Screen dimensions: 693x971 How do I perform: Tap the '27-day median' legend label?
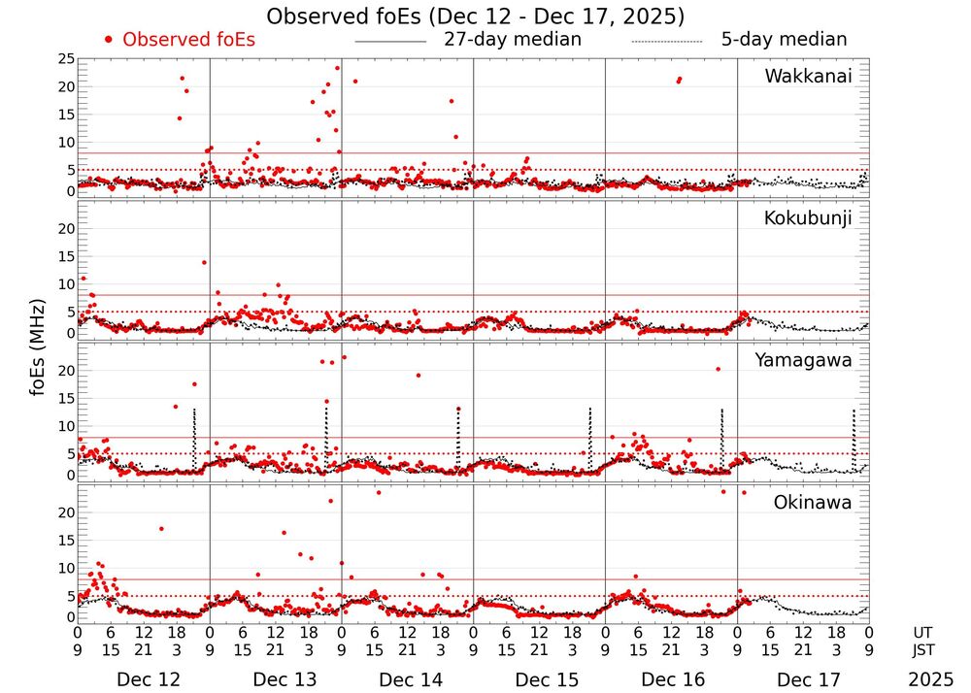(x=512, y=40)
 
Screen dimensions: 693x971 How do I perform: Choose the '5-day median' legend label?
(x=784, y=40)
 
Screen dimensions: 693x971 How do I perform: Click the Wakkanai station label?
(x=808, y=76)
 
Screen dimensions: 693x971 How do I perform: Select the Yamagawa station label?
(x=803, y=360)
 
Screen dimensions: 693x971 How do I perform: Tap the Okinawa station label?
(x=812, y=502)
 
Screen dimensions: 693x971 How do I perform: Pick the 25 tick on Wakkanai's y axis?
(x=66, y=59)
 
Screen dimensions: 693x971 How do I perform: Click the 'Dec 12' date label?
(x=143, y=679)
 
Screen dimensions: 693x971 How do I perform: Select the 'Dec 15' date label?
(x=541, y=679)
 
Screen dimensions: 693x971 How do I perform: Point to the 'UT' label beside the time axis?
(x=923, y=632)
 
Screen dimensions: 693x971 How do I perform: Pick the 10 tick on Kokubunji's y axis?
(x=66, y=284)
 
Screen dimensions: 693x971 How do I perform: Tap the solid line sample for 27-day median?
(x=390, y=42)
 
